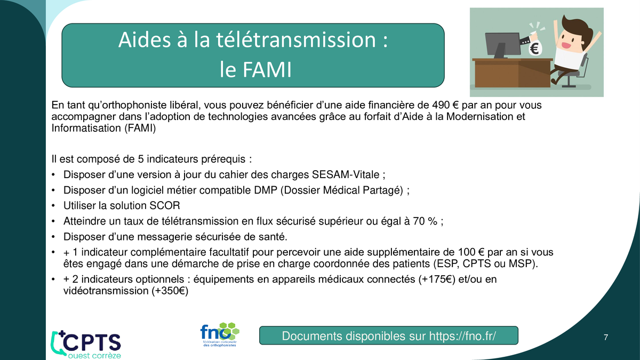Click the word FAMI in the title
(x=267, y=69)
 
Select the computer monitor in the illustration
(x=503, y=45)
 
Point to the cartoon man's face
(x=569, y=42)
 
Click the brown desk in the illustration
(x=512, y=73)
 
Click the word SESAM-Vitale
(x=346, y=174)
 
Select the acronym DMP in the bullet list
(x=266, y=190)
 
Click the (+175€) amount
(x=437, y=279)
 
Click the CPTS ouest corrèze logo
(x=86, y=345)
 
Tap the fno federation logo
(x=220, y=334)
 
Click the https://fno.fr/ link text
(x=462, y=336)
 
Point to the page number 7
(x=606, y=338)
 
